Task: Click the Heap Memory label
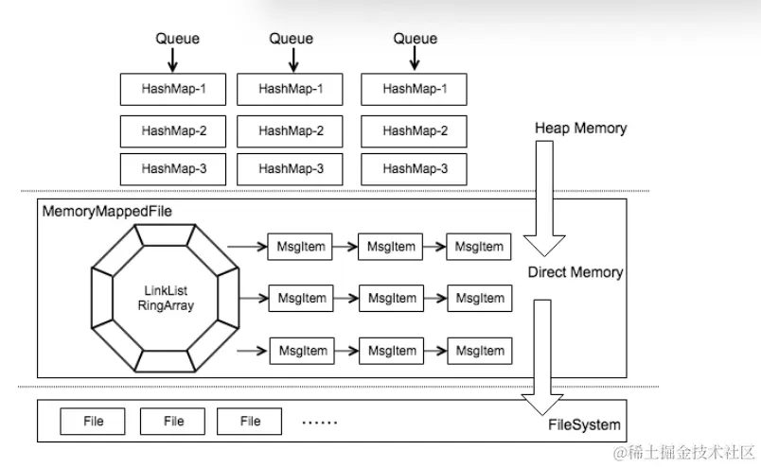(x=580, y=128)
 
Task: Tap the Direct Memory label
(x=575, y=272)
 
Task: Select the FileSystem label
(x=584, y=424)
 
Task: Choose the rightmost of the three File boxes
(x=250, y=421)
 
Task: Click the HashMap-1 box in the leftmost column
(x=174, y=90)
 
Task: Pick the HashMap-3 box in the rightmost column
(x=415, y=168)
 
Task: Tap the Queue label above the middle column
(x=292, y=39)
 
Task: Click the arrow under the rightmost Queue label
(x=416, y=60)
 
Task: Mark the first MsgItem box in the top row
(x=302, y=247)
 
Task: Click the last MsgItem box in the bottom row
(x=479, y=351)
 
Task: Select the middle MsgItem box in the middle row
(x=391, y=298)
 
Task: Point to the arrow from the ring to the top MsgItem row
(x=248, y=247)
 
